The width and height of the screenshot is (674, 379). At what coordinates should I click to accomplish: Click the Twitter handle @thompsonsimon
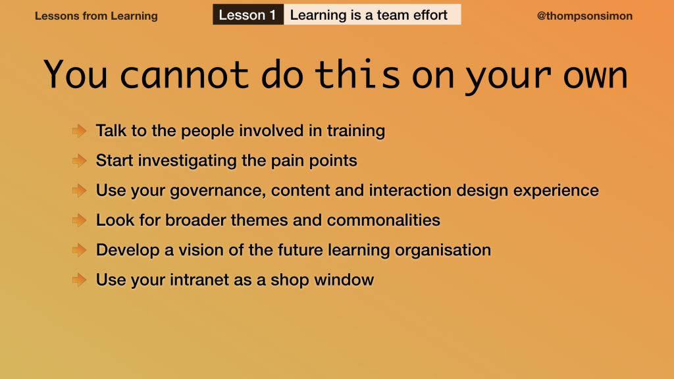584,16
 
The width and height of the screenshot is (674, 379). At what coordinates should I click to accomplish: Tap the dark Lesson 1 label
248,14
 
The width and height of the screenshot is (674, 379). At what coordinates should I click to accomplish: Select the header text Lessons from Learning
96,16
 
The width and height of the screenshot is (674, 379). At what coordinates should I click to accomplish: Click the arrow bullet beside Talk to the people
80,131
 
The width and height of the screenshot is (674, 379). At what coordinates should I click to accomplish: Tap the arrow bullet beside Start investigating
80,161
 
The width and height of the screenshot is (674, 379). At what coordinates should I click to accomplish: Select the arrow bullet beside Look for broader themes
80,220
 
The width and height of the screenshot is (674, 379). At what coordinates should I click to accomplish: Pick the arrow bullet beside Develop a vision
80,250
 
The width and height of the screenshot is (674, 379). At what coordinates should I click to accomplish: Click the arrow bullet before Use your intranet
80,280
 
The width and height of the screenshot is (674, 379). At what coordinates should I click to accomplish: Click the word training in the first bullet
356,131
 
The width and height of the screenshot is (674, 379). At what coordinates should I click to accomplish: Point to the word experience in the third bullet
556,191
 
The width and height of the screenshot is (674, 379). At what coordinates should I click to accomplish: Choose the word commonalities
384,220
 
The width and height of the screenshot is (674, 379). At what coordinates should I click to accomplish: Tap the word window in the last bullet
344,280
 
